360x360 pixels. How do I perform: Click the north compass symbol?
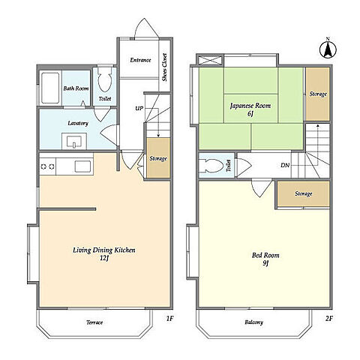point(328,49)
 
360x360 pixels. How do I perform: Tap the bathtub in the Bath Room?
point(50,88)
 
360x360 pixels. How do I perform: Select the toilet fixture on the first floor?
point(104,79)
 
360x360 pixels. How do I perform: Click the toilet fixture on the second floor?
point(211,165)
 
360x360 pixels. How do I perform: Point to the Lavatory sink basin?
point(74,141)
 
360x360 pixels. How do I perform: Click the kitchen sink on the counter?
point(82,166)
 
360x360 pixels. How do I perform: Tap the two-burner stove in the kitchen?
point(47,166)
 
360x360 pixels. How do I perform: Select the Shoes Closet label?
point(164,67)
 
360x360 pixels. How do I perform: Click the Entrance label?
point(140,60)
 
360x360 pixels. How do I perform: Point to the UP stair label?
point(139,108)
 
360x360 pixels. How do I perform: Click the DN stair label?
point(285,165)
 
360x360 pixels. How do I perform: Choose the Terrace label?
point(94,322)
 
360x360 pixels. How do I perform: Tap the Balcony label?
point(253,322)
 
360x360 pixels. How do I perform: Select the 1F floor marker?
point(169,319)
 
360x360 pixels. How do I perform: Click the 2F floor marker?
point(329,319)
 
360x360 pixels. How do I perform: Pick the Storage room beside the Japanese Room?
point(317,94)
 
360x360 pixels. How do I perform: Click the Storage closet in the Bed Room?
point(304,194)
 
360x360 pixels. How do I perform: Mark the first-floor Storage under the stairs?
point(158,158)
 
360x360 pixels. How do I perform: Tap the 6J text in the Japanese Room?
point(250,114)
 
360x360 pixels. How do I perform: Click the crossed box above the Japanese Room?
point(210,61)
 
